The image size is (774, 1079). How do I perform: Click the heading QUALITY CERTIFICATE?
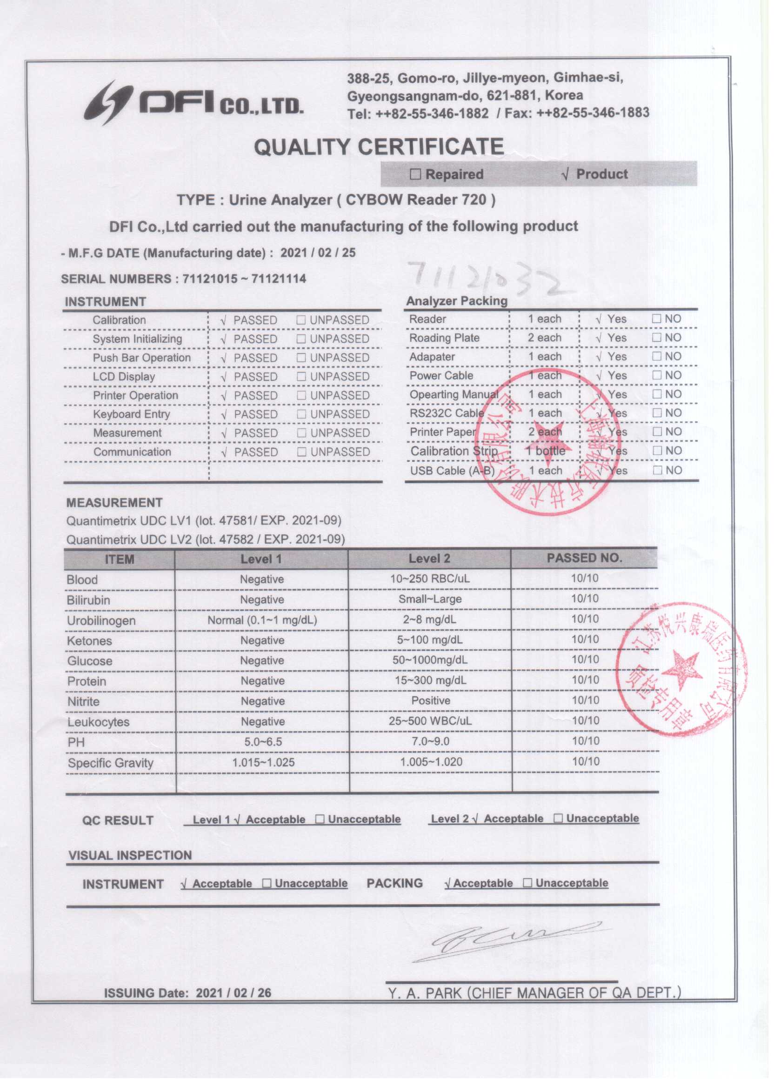click(x=378, y=147)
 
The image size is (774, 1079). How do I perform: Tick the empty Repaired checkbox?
click(x=415, y=174)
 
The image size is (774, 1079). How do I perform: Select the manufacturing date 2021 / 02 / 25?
click(x=317, y=253)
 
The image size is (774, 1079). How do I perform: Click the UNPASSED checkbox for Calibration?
click(x=300, y=320)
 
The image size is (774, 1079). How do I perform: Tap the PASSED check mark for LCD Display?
click(x=224, y=377)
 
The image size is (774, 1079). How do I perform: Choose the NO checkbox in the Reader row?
click(x=656, y=319)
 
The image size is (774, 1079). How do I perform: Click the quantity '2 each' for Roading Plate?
click(x=544, y=338)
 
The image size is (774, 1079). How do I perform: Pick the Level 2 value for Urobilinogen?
click(x=430, y=619)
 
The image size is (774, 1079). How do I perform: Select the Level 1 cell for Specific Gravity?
click(x=263, y=762)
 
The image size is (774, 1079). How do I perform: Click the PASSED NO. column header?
click(x=584, y=558)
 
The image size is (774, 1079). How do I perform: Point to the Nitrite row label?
click(x=83, y=702)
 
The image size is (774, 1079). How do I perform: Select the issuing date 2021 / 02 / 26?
click(x=233, y=992)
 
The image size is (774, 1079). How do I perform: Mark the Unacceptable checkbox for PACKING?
click(x=527, y=883)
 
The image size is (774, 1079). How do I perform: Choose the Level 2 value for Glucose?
click(x=430, y=660)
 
